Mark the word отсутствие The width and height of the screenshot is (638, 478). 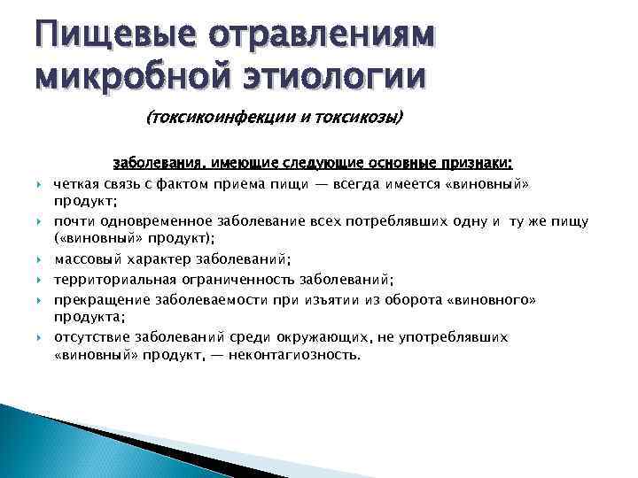click(92, 337)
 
